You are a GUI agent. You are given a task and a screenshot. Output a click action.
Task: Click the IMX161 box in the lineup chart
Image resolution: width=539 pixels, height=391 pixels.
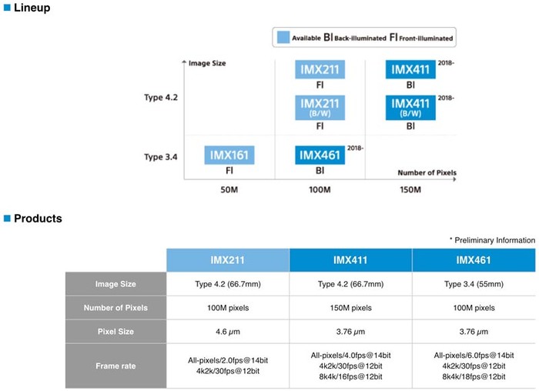tap(229, 155)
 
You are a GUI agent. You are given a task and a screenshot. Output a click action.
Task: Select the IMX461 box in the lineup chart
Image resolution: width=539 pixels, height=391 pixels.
tap(320, 155)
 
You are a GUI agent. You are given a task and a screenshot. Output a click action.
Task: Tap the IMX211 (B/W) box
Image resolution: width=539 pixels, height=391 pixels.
tap(320, 108)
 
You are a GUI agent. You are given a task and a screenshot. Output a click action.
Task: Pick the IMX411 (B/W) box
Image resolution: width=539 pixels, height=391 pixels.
tap(410, 108)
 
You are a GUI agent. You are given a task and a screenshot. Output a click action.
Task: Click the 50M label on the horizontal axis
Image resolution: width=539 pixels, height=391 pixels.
tap(229, 189)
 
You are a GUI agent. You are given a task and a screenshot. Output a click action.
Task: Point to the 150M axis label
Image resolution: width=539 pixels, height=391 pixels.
tap(410, 189)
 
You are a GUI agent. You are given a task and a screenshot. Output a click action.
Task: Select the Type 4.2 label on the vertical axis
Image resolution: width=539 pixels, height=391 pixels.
tap(161, 98)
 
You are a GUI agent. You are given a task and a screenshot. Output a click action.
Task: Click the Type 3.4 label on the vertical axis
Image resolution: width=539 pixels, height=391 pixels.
tap(161, 157)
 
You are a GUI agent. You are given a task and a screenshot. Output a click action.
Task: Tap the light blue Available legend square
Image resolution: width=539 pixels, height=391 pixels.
tap(283, 37)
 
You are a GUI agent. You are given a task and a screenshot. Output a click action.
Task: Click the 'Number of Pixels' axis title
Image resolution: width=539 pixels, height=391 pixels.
tap(427, 172)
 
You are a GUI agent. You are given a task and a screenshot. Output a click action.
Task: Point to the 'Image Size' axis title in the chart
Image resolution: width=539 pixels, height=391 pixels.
tap(207, 63)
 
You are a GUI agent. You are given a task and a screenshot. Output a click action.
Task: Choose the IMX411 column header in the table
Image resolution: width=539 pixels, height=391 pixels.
tap(350, 260)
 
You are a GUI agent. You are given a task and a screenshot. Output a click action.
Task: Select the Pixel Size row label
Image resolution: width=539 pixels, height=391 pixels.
tap(115, 332)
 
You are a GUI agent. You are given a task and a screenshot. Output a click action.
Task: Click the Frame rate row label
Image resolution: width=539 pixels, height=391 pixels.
tap(115, 366)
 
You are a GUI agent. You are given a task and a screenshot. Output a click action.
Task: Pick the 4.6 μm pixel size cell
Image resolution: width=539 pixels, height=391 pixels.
tap(228, 332)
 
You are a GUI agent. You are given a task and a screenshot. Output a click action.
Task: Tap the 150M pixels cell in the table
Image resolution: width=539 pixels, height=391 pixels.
tap(350, 308)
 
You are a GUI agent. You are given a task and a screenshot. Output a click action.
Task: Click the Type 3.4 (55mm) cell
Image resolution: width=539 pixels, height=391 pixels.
tap(474, 284)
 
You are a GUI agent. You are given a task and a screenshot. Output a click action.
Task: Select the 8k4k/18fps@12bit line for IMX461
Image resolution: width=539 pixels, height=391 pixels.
tap(474, 376)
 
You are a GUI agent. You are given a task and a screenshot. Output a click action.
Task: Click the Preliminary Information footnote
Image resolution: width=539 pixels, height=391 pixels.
tap(492, 240)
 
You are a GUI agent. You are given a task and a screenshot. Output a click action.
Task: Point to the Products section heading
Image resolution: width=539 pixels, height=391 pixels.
tap(33, 219)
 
